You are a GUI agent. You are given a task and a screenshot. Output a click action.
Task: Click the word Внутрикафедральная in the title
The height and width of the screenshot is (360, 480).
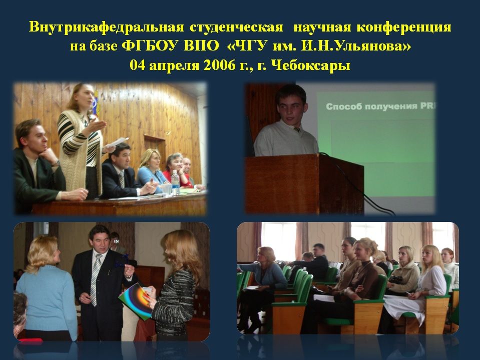[106, 27]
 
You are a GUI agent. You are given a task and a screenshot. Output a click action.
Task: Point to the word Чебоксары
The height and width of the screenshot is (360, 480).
[311, 65]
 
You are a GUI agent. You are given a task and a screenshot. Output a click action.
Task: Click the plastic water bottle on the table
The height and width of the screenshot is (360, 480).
[175, 182]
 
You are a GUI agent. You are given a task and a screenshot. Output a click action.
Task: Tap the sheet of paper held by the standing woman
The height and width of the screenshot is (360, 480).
[116, 143]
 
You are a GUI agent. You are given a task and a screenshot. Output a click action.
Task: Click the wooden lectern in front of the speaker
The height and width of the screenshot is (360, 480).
[305, 184]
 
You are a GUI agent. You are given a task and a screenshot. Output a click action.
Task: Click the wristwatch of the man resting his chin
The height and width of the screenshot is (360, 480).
[56, 163]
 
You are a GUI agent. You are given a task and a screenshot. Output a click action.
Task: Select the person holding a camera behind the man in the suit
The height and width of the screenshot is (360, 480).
[116, 242]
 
